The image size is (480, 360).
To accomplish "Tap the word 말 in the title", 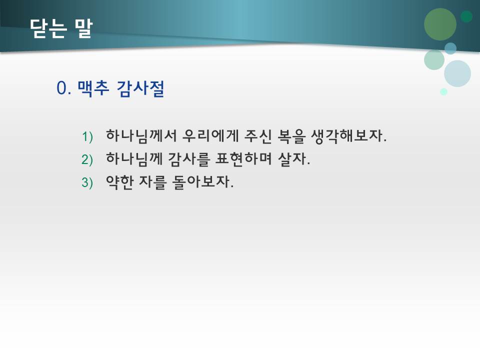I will (x=83, y=29).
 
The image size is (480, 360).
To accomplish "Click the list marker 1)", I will (x=87, y=136).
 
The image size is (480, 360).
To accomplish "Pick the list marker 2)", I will (x=87, y=160).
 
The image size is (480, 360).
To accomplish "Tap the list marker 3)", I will (x=87, y=183).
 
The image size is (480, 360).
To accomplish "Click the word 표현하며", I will (x=246, y=159).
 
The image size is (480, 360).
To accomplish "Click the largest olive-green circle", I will (x=440, y=24).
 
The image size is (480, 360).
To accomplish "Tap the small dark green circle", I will (x=466, y=16).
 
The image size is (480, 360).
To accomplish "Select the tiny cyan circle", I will (x=443, y=91).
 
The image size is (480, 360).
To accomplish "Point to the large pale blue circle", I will (x=457, y=73).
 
